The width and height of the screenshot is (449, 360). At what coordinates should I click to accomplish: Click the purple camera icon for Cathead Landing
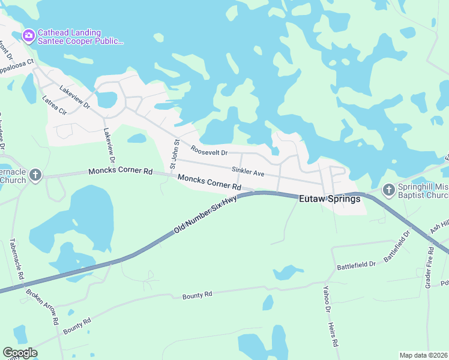tap(28, 36)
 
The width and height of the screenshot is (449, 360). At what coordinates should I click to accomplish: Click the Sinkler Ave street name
tap(248, 173)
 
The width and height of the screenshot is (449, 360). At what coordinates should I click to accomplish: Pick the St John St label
tap(174, 154)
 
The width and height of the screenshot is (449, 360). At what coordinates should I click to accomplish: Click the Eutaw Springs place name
tap(331, 199)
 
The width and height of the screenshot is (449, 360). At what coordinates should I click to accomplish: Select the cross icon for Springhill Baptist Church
tap(388, 191)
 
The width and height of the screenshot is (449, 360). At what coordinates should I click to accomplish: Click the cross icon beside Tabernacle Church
tap(36, 175)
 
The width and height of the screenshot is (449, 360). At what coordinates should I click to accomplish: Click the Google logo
tap(20, 353)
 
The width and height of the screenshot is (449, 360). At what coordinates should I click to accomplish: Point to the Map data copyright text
tap(424, 355)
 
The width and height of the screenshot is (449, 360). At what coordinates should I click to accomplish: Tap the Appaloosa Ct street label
tap(19, 61)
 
